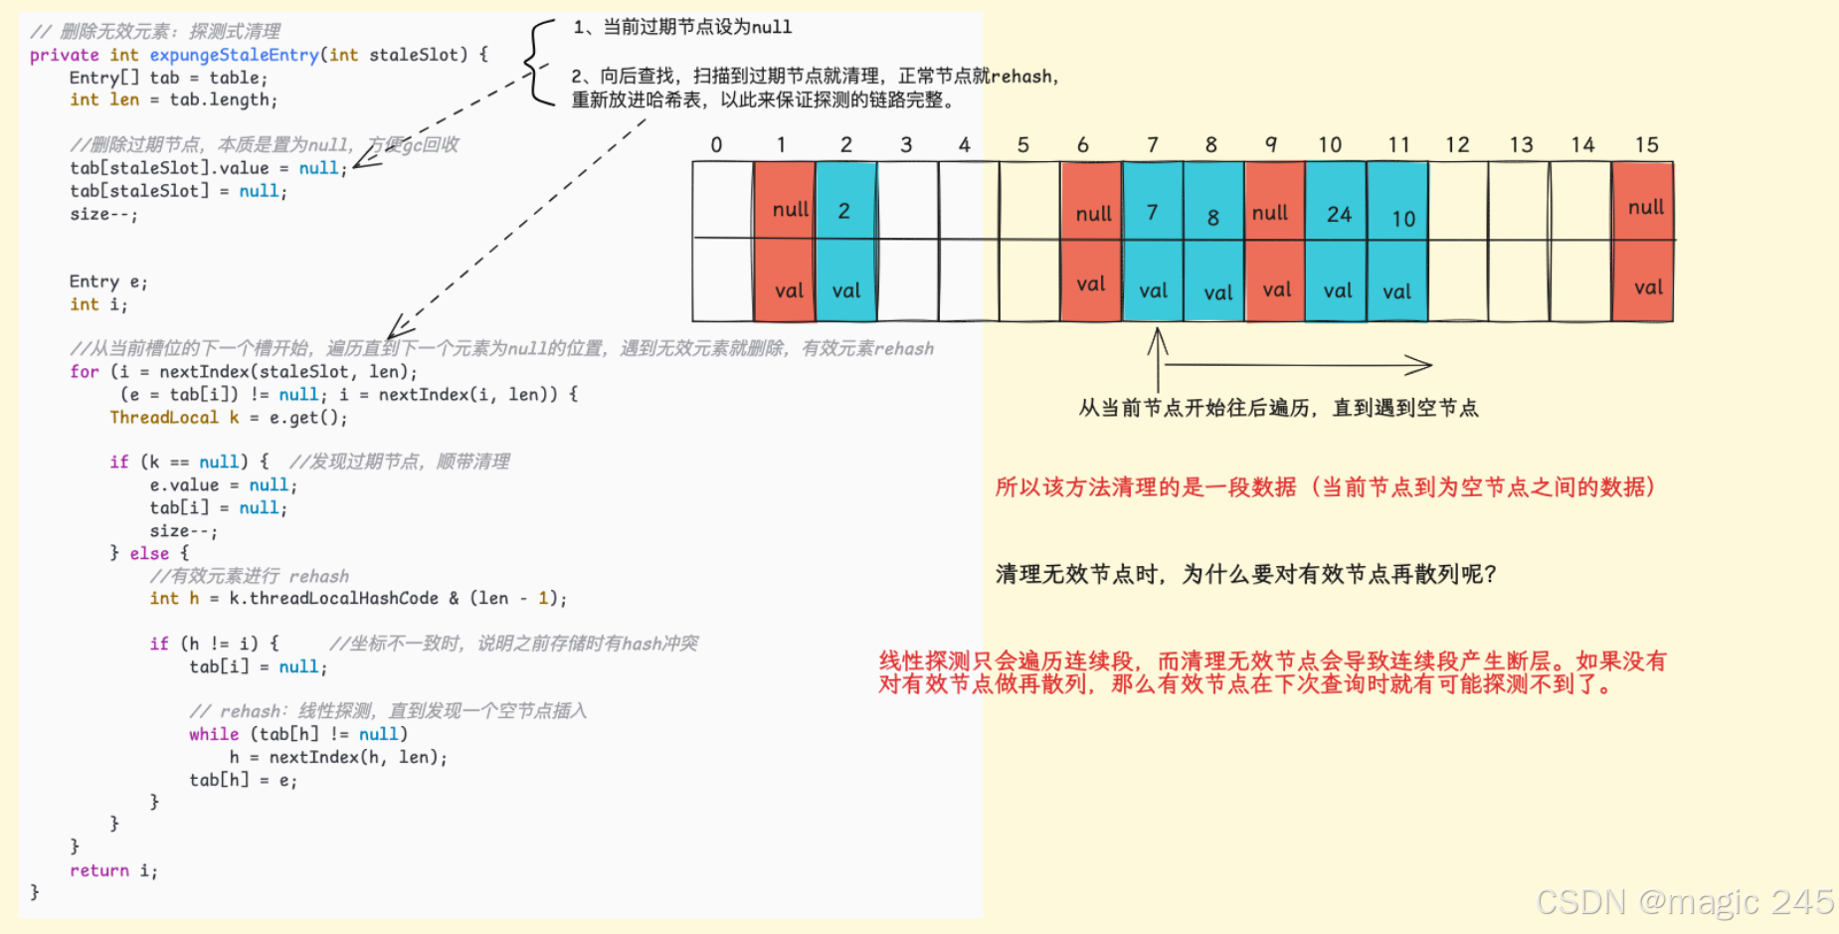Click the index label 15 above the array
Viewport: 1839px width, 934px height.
pos(1646,145)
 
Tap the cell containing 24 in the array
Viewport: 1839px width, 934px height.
pos(1338,214)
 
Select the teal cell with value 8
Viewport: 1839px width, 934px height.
pos(1213,216)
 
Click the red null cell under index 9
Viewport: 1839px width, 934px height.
pos(1270,212)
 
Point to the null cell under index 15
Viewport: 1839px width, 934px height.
pos(1645,207)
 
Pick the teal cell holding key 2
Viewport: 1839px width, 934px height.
pos(844,211)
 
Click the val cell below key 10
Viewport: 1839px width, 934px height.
pos(1396,291)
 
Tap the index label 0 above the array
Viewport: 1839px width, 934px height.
pos(716,145)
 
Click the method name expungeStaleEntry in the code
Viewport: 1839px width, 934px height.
pos(234,55)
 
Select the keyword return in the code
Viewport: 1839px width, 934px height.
pos(98,870)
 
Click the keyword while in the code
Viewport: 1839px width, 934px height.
pos(214,734)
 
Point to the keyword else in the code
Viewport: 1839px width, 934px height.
pos(149,553)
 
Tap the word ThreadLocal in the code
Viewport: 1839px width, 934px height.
pos(164,418)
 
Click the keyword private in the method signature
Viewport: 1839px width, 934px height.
pos(64,55)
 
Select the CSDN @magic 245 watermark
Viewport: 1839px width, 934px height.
pos(1685,901)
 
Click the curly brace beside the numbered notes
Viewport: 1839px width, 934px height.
pos(538,62)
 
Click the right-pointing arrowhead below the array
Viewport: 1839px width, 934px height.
pos(1420,365)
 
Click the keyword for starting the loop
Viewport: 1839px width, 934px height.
pos(84,372)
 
